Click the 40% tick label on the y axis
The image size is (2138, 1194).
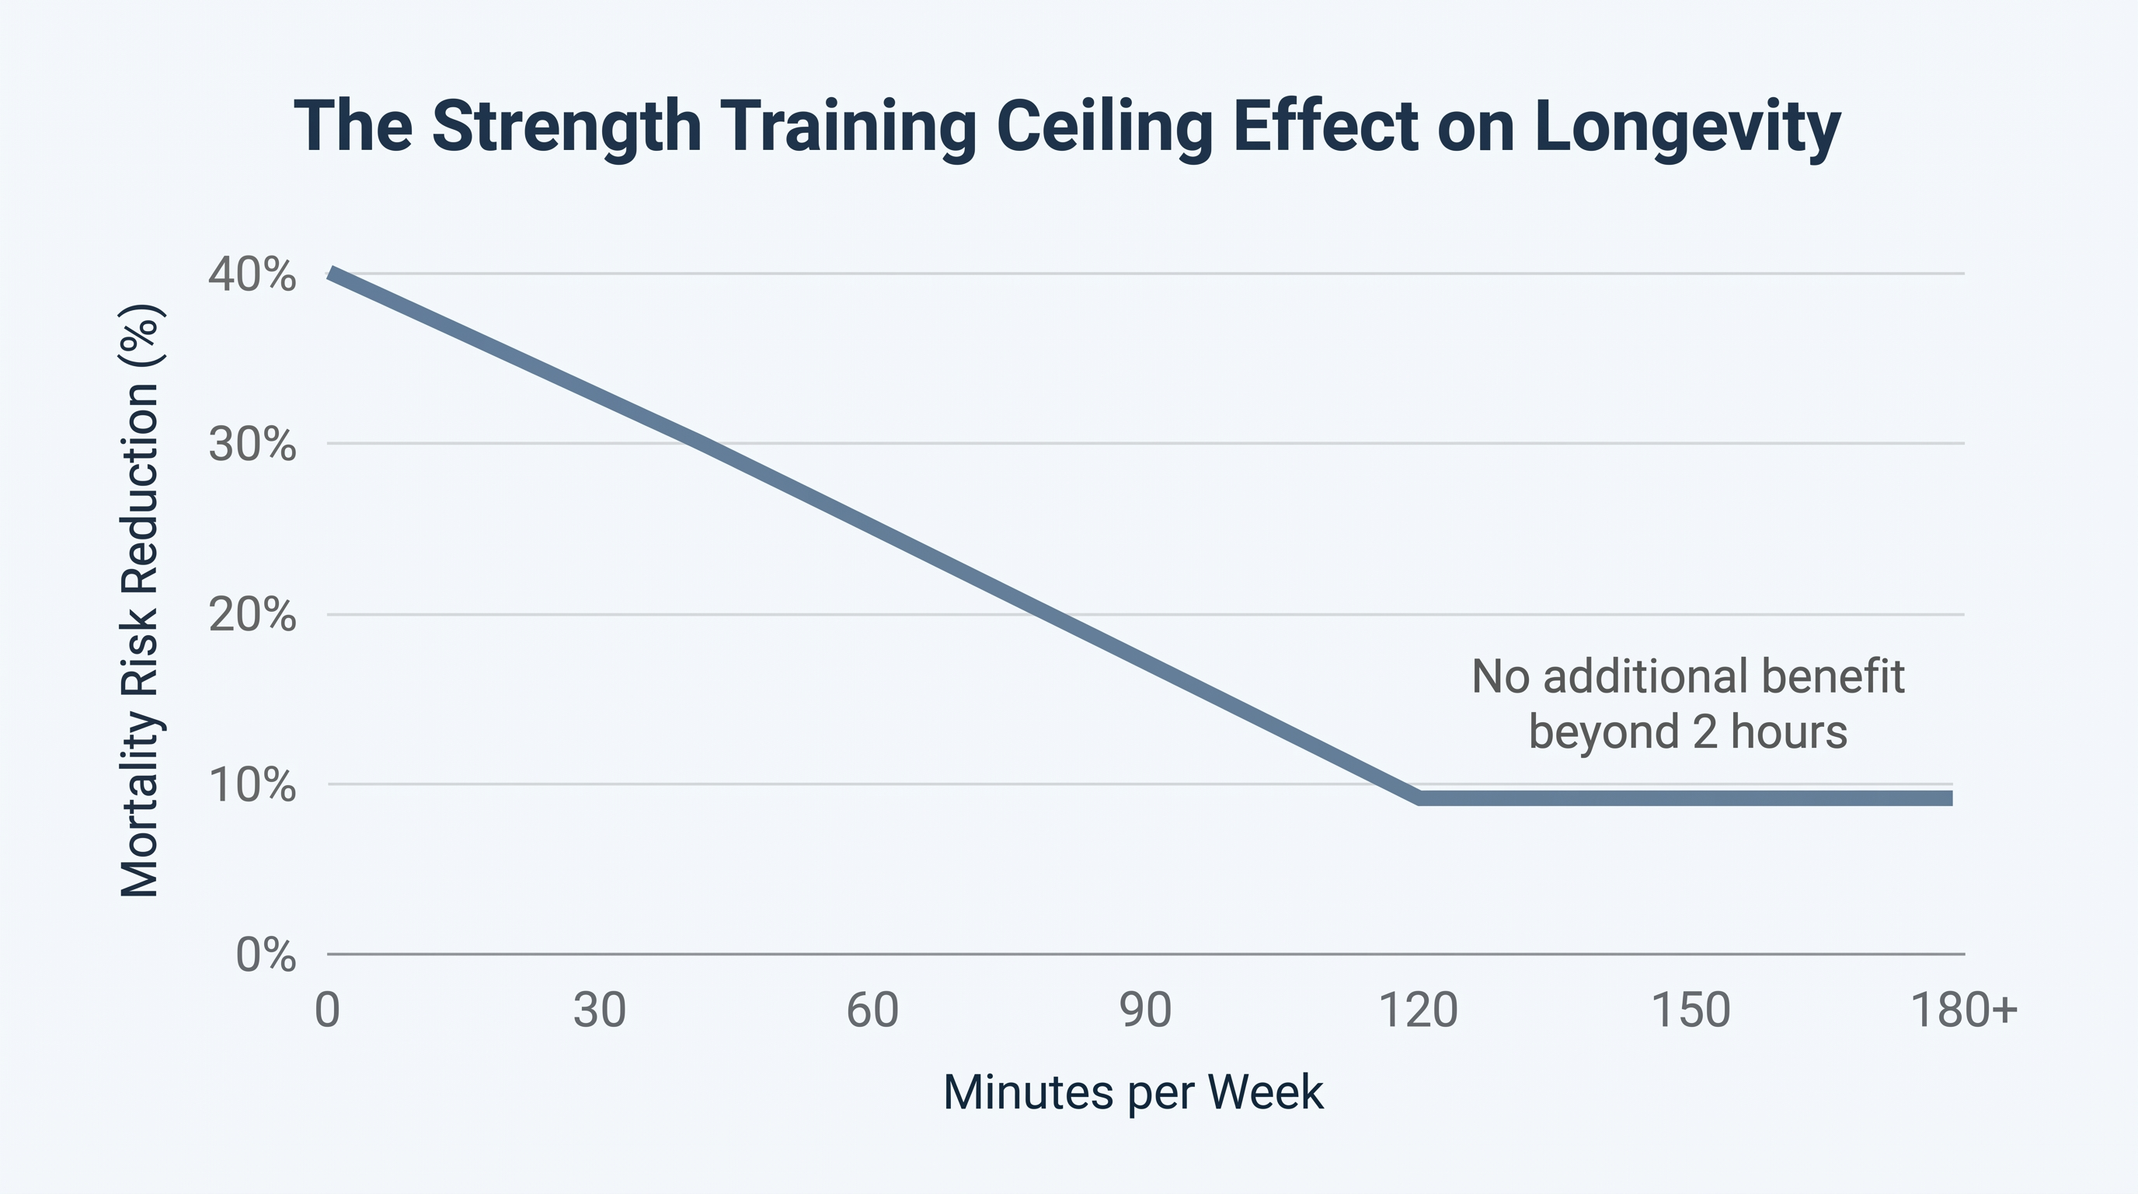pos(252,275)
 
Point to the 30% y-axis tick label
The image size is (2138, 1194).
pos(252,445)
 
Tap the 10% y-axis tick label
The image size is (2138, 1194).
pos(252,784)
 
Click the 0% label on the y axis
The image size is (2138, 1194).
pos(266,955)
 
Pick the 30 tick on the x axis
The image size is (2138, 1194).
pos(599,1011)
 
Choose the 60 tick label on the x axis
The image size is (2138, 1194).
pos(872,1011)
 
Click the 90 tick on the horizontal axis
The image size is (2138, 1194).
pos(1145,1011)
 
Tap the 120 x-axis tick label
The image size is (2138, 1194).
pos(1419,1011)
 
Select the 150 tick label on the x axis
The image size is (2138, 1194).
pos(1691,1011)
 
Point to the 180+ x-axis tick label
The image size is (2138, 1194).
pos(1964,1011)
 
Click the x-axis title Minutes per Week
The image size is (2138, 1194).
pos(1133,1093)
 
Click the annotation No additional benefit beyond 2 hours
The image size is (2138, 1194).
pos(1687,704)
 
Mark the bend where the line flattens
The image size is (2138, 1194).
pos(1420,798)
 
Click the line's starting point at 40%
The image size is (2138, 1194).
pos(330,273)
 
